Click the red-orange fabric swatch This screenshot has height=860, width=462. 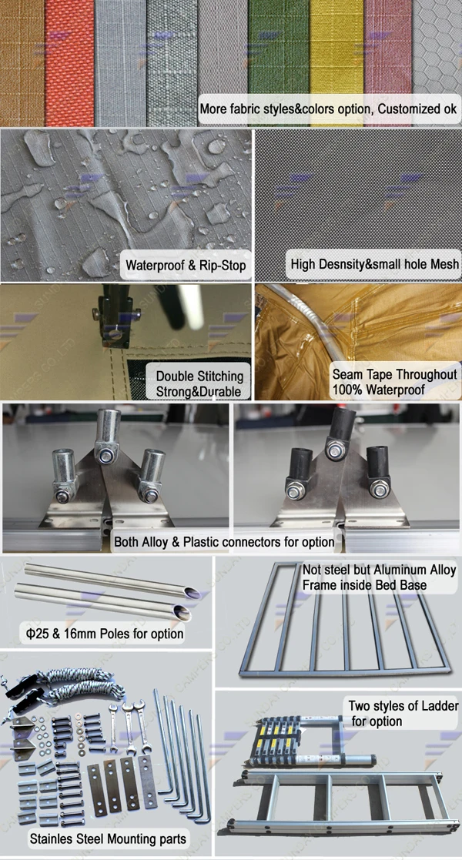69,63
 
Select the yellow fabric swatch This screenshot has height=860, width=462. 336,49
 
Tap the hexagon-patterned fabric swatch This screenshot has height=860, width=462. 437,49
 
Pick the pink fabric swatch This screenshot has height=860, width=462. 387,49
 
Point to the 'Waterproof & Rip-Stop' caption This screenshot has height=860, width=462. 186,266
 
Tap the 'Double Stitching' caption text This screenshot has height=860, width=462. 199,376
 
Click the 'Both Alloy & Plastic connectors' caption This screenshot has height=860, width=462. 224,542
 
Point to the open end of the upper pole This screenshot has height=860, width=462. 192,593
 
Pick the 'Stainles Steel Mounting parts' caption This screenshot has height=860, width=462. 108,838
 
